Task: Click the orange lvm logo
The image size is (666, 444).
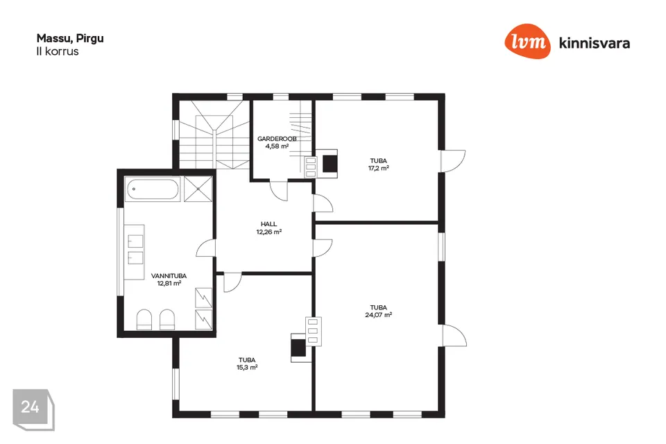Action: coord(527,41)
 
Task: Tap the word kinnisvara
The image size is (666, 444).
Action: coord(595,43)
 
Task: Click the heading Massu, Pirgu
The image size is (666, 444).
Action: coord(70,38)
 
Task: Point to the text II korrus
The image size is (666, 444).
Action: coord(58,51)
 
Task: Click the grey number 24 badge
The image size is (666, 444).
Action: coord(33,409)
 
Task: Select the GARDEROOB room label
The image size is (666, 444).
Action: coord(277,139)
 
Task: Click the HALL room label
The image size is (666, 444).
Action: coord(269,224)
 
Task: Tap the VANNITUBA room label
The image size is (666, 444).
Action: coord(169,275)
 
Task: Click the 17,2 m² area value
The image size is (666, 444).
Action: coord(379,168)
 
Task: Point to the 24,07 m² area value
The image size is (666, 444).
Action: coord(379,315)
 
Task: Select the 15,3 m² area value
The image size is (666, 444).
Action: coord(247,367)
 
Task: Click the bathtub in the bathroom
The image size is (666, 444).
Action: coord(153,189)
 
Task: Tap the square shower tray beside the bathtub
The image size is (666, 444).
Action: coord(198,189)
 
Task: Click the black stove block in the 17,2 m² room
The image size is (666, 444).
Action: coord(330,164)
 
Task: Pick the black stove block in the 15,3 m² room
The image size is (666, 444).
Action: coord(298,348)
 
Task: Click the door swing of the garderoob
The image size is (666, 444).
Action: coord(279,191)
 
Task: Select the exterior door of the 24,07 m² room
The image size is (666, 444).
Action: coord(454,336)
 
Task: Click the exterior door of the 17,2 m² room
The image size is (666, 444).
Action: coord(453,161)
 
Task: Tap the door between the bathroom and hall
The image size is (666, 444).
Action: coord(206,248)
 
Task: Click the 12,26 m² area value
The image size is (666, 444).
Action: coord(269,232)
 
